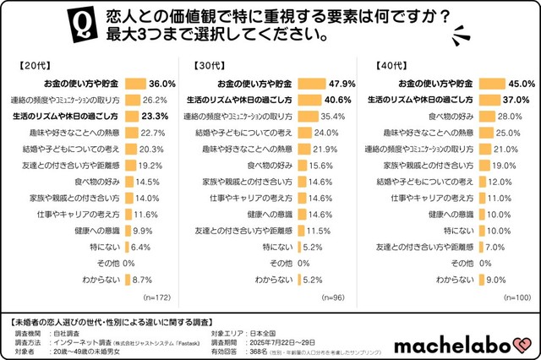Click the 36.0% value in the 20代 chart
tap(161, 84)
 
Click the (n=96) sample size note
tap(332, 297)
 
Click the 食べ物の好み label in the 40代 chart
tap(452, 116)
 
